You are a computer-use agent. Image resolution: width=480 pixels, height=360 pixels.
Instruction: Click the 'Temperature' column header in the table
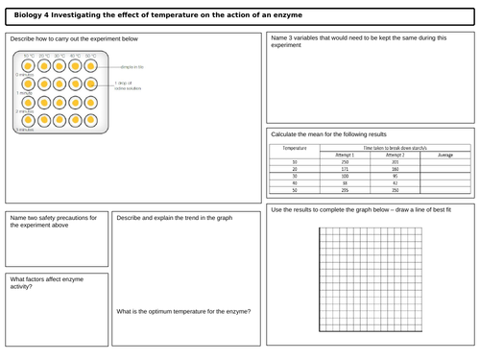coord(295,149)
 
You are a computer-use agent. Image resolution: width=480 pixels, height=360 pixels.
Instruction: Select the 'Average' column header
coord(444,154)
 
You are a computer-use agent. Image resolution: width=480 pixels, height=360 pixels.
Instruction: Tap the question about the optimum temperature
coord(183,311)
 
